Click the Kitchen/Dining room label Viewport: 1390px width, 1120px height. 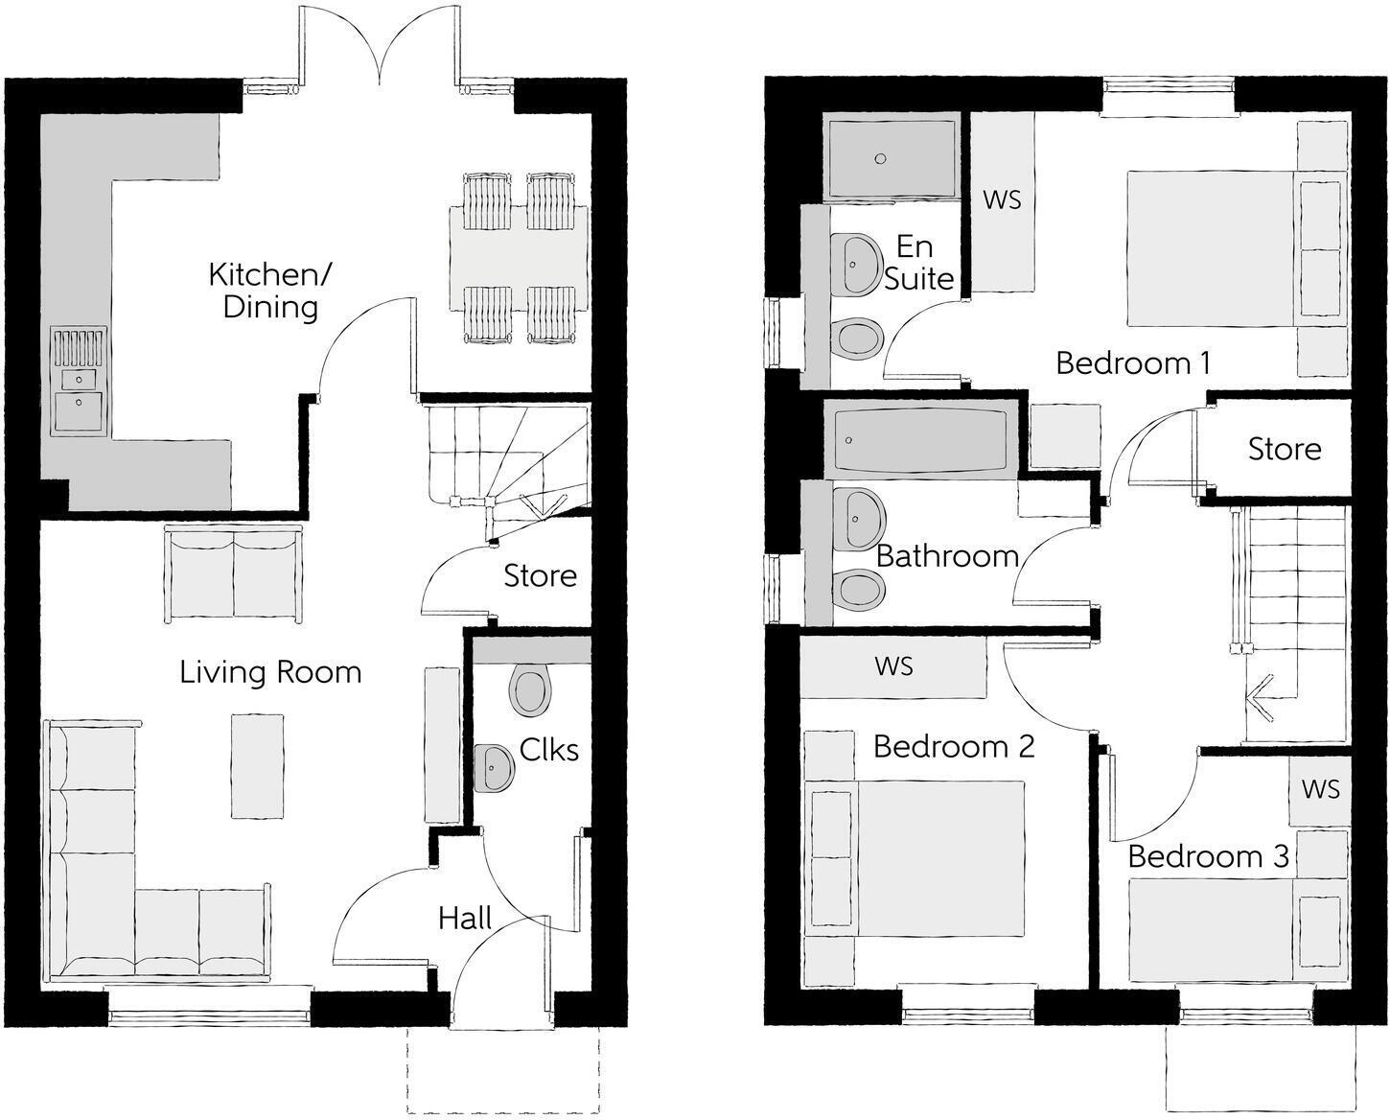270,291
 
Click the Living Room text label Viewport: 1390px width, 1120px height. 270,672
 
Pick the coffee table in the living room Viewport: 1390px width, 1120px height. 257,765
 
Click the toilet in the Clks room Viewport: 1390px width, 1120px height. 531,689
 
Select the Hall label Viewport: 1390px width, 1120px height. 465,919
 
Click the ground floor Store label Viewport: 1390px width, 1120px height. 540,575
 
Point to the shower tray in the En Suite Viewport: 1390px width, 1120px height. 890,157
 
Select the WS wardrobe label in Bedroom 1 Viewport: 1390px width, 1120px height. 1002,200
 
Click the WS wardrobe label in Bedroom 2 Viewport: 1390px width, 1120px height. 893,665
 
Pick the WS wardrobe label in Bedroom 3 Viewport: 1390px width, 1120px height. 1320,788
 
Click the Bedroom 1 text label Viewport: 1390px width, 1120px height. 1132,363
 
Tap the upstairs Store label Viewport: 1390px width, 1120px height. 1284,449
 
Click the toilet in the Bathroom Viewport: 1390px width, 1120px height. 858,590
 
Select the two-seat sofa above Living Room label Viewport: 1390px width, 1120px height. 234,573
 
